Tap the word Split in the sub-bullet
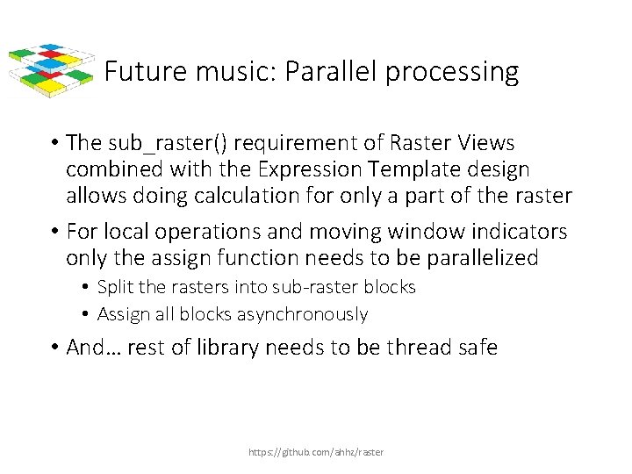(115, 287)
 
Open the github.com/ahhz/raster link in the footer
(316, 452)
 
